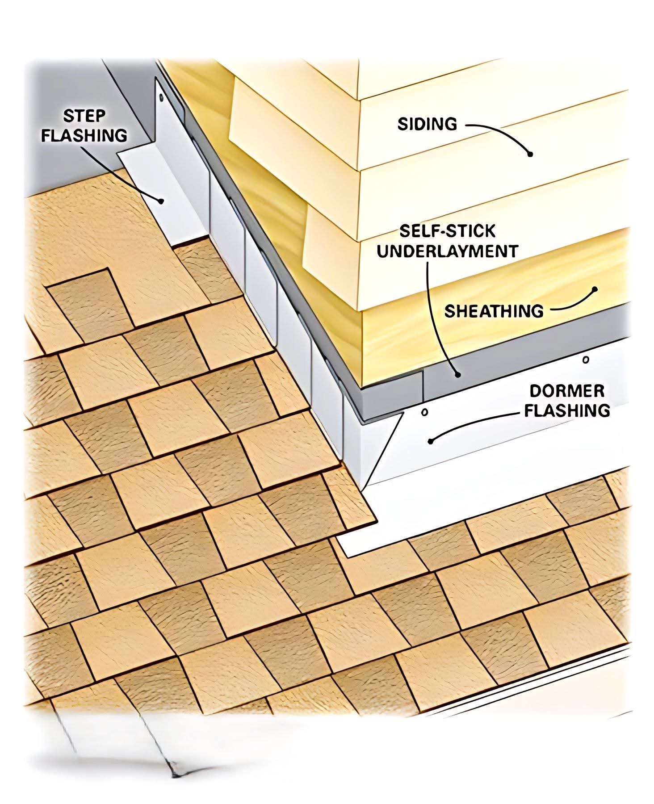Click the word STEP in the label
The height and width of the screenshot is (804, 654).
(x=84, y=116)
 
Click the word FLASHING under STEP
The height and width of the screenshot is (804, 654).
(x=84, y=135)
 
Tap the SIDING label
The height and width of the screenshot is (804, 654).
(x=428, y=124)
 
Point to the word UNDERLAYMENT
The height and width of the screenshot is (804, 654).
(x=447, y=251)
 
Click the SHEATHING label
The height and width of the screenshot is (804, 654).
(x=494, y=310)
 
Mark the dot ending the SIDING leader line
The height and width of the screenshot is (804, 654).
(x=530, y=154)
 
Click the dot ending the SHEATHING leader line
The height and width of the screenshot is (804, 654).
(x=595, y=289)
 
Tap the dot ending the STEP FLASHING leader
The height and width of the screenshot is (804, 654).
(x=159, y=201)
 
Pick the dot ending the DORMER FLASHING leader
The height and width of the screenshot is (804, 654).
(x=431, y=441)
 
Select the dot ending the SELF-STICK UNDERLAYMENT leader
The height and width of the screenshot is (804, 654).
(x=457, y=374)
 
